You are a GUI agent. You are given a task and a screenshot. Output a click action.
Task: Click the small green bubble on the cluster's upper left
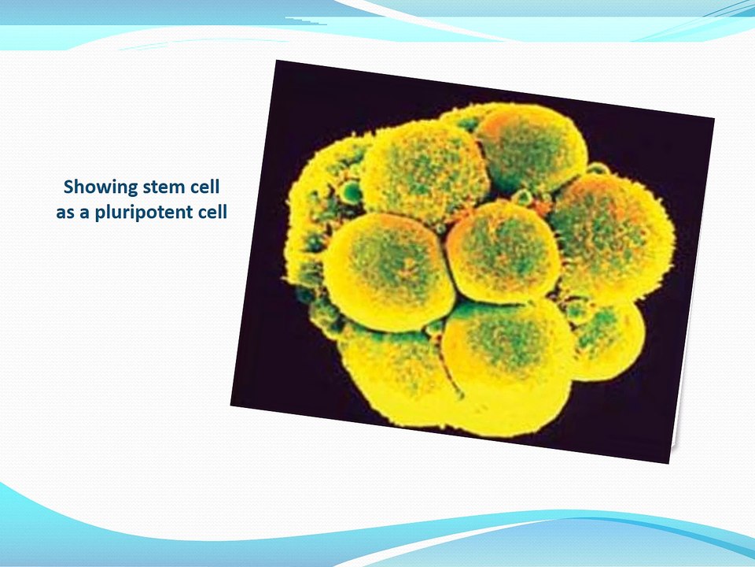pyautogui.click(x=352, y=192)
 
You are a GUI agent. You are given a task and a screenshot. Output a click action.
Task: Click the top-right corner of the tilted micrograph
pyautogui.click(x=714, y=118)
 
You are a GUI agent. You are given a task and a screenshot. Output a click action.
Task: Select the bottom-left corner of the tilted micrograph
pyautogui.click(x=231, y=406)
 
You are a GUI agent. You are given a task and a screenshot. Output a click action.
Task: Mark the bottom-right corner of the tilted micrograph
pyautogui.click(x=669, y=463)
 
